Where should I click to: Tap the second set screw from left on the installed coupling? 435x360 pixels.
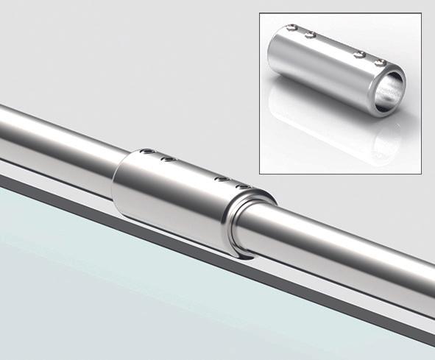point(169,158)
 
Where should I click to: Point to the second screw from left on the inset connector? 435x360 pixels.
point(310,35)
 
